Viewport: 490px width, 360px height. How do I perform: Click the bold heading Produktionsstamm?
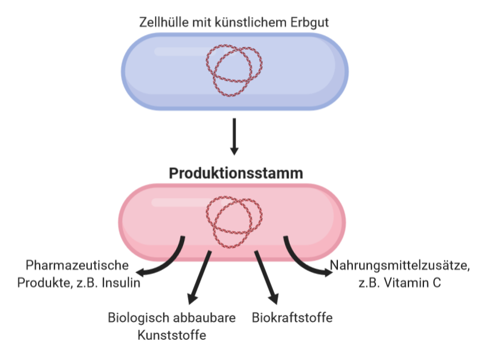tap(236, 174)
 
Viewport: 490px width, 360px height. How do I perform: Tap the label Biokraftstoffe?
tap(292, 317)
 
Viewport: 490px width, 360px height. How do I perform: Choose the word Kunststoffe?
tap(172, 335)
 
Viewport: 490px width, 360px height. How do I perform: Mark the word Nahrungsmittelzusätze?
tap(399, 266)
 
